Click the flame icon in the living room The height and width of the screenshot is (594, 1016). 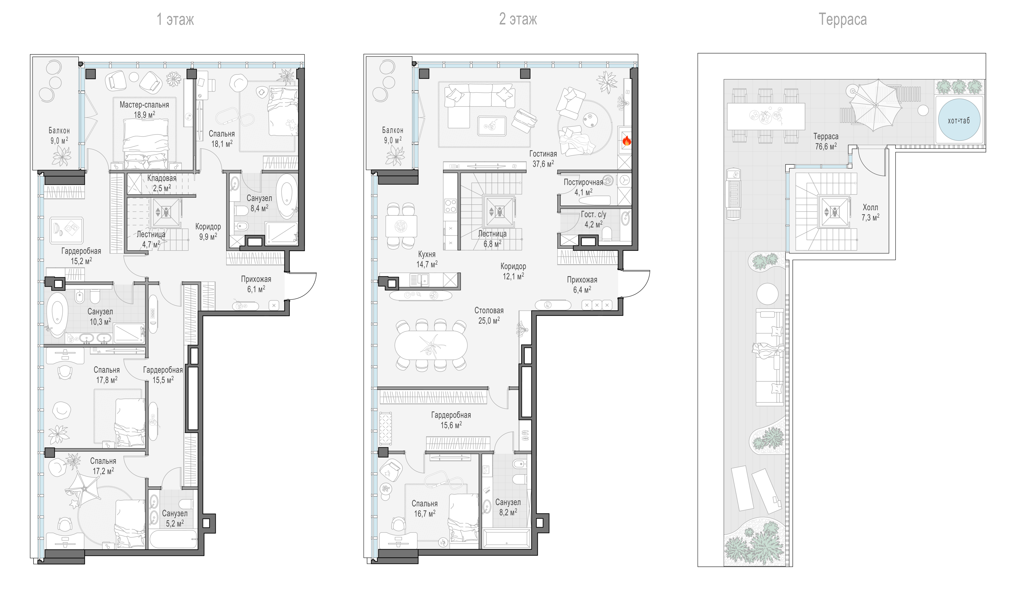627,140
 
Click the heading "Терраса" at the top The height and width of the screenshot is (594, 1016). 842,19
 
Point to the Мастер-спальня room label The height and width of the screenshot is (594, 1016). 144,105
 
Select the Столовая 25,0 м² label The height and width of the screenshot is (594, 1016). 489,315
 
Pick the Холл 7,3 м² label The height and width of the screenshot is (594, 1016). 870,212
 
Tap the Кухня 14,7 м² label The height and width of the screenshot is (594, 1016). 427,259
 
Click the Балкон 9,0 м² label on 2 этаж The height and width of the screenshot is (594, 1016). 393,135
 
